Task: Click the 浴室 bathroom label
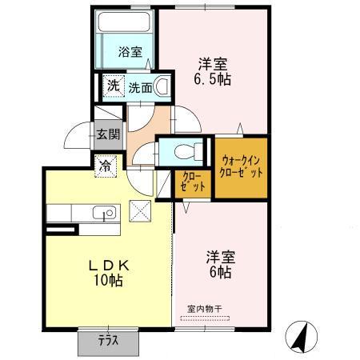coord(130,54)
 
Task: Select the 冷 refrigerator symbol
coord(106,167)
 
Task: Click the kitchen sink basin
coord(103,212)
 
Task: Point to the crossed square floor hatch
coord(141,212)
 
